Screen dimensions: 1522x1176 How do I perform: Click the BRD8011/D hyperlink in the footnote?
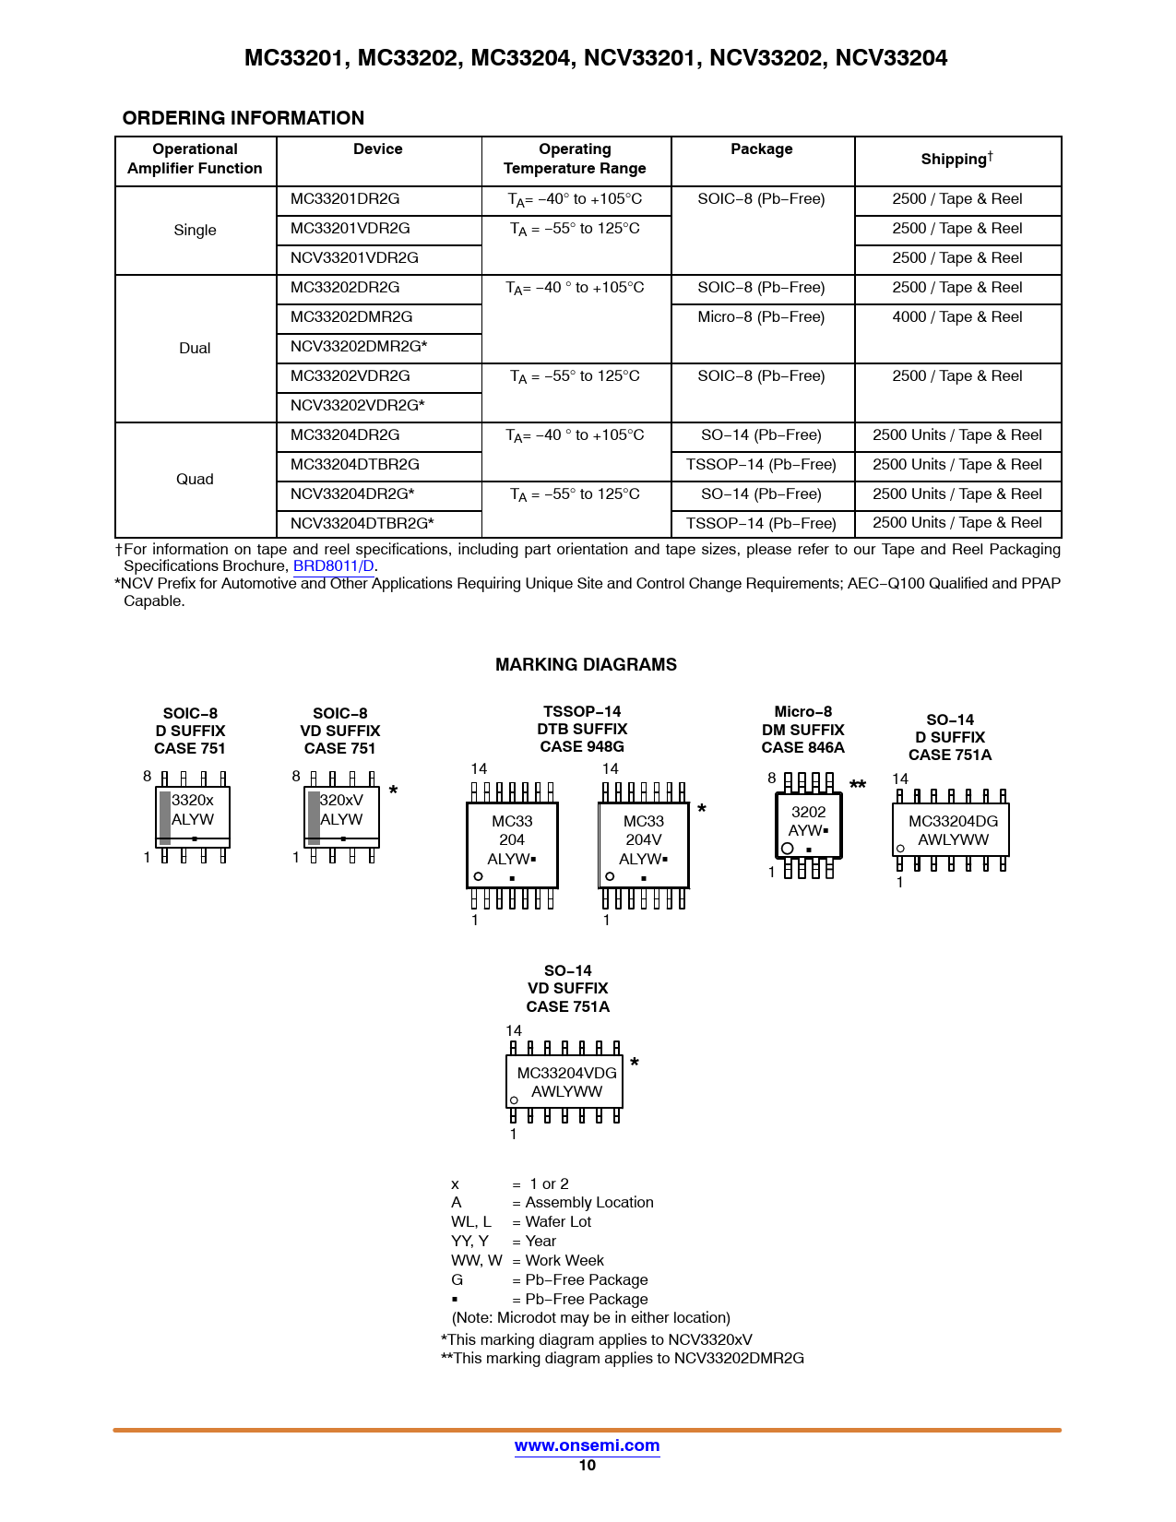pyautogui.click(x=333, y=566)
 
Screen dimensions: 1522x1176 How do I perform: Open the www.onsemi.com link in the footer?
pyautogui.click(x=587, y=1445)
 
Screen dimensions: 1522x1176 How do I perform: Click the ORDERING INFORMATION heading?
pyautogui.click(x=243, y=118)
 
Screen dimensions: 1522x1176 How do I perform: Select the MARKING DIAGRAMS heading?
pyautogui.click(x=586, y=665)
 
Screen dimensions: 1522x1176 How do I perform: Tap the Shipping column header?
pyautogui.click(x=956, y=160)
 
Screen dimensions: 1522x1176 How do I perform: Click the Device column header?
pyautogui.click(x=377, y=149)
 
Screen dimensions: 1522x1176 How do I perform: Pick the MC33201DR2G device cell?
pyautogui.click(x=345, y=199)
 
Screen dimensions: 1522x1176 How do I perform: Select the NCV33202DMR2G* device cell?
pyautogui.click(x=359, y=347)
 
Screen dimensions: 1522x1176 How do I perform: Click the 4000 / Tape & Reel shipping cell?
pyautogui.click(x=956, y=317)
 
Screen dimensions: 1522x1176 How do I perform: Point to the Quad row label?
pyautogui.click(x=195, y=480)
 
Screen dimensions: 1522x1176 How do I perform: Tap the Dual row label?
pyautogui.click(x=195, y=348)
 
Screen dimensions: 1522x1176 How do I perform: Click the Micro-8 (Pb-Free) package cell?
pyautogui.click(x=761, y=317)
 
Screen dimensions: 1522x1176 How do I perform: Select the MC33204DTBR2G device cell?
pyautogui.click(x=354, y=465)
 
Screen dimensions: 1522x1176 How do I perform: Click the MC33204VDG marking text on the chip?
pyautogui.click(x=566, y=1073)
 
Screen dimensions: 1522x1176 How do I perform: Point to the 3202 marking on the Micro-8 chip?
pyautogui.click(x=808, y=812)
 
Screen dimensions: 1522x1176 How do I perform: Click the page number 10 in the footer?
pyautogui.click(x=587, y=1466)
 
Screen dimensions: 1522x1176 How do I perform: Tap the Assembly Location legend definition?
pyautogui.click(x=588, y=1203)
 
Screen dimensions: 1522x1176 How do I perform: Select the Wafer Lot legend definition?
pyautogui.click(x=558, y=1222)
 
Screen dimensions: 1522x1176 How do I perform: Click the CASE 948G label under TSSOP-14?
pyautogui.click(x=582, y=747)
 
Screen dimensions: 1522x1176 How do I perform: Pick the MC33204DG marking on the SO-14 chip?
pyautogui.click(x=953, y=821)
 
